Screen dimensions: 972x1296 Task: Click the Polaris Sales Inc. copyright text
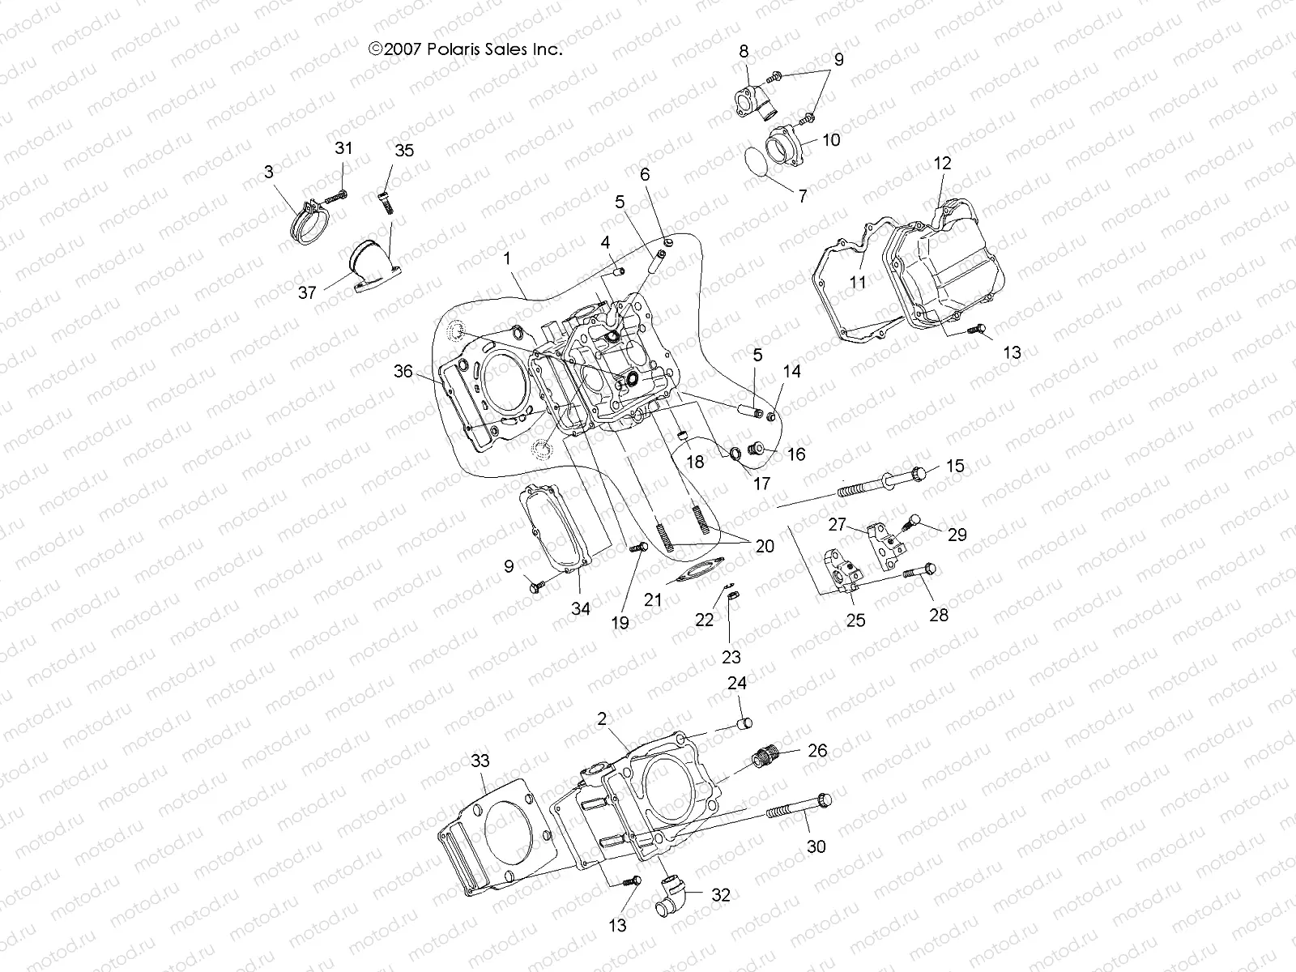465,49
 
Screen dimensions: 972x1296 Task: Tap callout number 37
307,292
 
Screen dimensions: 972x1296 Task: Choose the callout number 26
818,751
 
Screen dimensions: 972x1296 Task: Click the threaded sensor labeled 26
764,760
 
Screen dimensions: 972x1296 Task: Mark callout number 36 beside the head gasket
403,372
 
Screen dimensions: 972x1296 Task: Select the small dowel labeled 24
747,723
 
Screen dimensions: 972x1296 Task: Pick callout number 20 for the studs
764,546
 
